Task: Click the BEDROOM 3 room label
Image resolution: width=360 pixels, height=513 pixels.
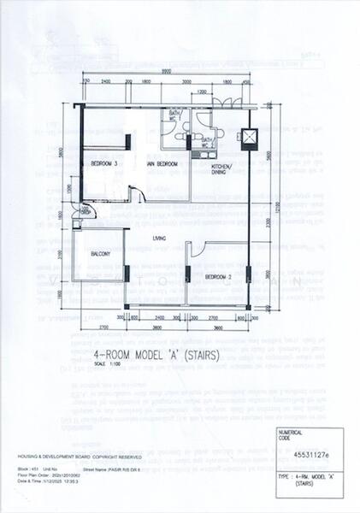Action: pos(104,162)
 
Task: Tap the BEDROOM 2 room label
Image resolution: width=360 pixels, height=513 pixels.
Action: pos(219,277)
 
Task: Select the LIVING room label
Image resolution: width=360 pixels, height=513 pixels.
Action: pos(158,238)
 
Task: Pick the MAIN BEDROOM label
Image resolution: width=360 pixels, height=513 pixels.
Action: pos(162,162)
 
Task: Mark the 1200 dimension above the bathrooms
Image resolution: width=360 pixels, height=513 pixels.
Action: pos(202,91)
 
